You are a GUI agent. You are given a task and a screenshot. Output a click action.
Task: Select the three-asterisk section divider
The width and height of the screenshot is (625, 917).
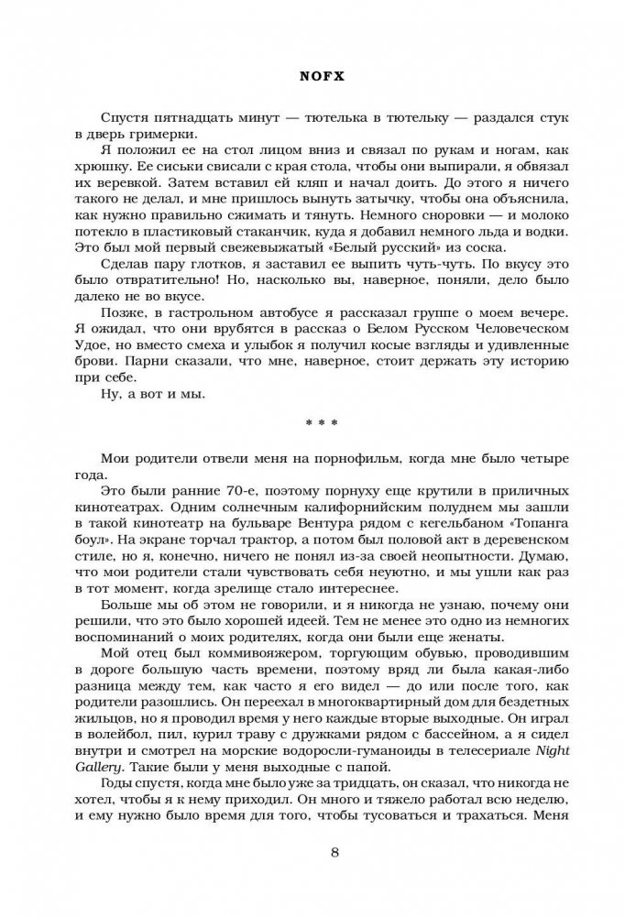(x=312, y=422)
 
